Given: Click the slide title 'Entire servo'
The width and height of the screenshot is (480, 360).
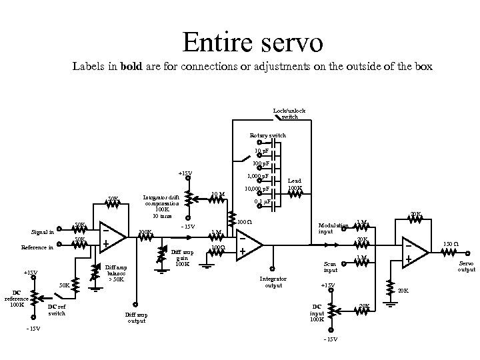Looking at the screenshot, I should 253,43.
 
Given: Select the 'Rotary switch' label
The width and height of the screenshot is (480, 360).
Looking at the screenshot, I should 268,135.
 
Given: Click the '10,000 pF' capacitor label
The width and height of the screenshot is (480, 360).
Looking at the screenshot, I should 257,189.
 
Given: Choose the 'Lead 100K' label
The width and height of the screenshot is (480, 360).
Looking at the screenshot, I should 294,185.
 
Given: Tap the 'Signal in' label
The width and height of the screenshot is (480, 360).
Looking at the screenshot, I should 43,232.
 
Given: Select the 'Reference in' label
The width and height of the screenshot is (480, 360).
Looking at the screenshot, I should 37,247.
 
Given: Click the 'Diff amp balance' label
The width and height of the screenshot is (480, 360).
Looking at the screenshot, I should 117,273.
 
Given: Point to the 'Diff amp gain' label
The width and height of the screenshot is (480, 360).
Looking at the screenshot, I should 181,258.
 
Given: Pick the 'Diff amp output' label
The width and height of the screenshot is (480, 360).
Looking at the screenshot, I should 136,317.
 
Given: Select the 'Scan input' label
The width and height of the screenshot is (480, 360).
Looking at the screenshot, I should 331,267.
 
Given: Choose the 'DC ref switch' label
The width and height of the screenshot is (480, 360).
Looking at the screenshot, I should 57,310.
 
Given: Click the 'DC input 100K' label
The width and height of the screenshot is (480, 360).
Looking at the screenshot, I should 317,313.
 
